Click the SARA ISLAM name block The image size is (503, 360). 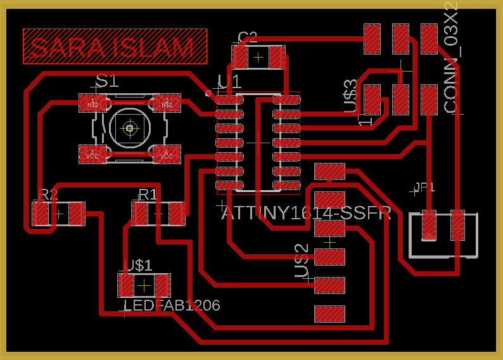(x=115, y=46)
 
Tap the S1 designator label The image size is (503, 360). (x=106, y=81)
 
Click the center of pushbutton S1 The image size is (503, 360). (x=130, y=128)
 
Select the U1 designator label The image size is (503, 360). (x=229, y=82)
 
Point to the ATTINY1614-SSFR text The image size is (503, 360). (x=306, y=213)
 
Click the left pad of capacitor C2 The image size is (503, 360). (x=240, y=58)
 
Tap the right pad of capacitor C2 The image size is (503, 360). (x=277, y=58)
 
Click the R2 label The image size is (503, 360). (x=48, y=194)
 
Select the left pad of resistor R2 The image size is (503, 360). (x=41, y=214)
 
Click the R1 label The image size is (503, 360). (x=147, y=194)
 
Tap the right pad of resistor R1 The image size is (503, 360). (x=177, y=214)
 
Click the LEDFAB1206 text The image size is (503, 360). (x=172, y=305)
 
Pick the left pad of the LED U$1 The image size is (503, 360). (x=126, y=285)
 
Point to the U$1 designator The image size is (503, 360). (x=137, y=265)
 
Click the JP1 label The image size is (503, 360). (x=424, y=187)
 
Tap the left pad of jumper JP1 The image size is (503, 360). (x=430, y=226)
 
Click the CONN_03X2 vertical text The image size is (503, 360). (x=451, y=58)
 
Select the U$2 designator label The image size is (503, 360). (x=302, y=260)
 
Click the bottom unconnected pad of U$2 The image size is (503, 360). (x=329, y=314)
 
